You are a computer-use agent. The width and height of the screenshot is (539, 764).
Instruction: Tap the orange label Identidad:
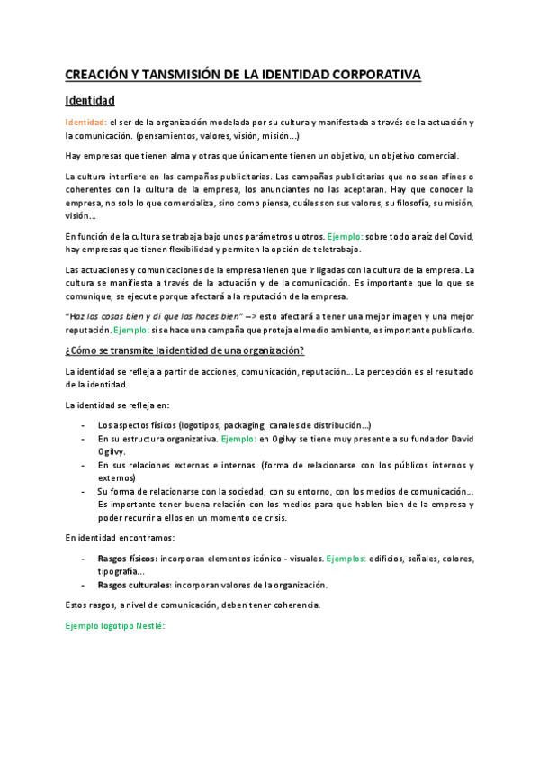click(86, 122)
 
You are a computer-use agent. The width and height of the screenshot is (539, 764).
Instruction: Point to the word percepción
click(391, 371)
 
